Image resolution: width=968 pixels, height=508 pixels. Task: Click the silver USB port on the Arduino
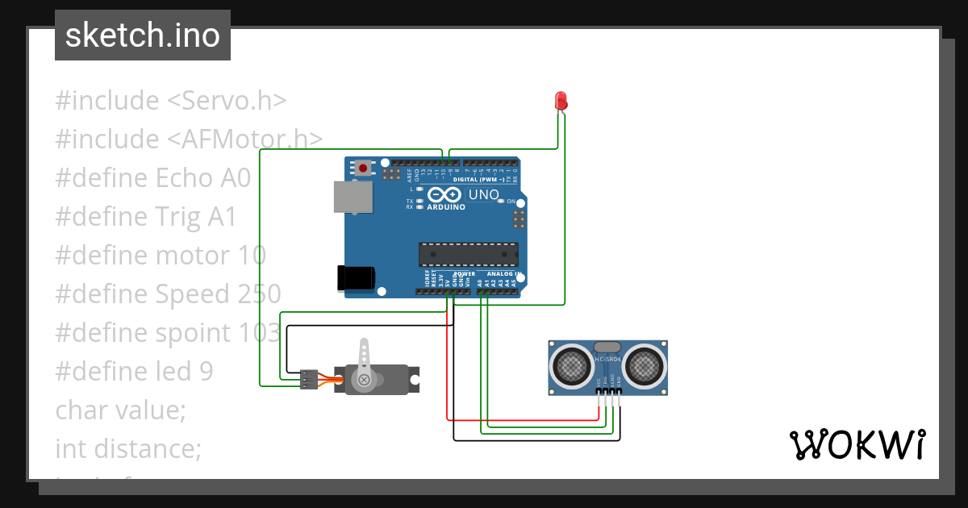[353, 197]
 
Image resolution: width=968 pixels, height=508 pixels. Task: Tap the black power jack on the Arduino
[356, 277]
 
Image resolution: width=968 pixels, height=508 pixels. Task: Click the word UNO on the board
[484, 194]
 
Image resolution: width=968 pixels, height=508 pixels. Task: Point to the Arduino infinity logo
[445, 195]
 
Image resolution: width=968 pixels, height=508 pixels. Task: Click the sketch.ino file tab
[143, 35]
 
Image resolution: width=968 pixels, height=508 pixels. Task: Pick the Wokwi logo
[856, 444]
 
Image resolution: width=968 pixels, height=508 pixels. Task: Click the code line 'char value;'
[121, 410]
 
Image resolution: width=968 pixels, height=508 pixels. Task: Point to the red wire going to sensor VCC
[447, 363]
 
